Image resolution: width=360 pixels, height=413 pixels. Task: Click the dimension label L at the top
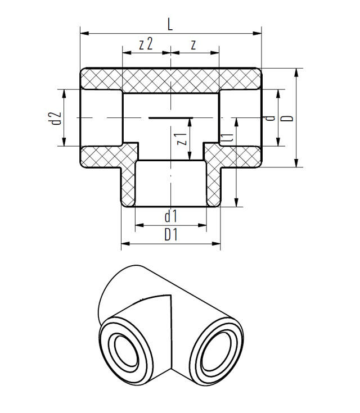pyautogui.click(x=170, y=25)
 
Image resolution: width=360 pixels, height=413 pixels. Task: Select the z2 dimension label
pyautogui.click(x=146, y=44)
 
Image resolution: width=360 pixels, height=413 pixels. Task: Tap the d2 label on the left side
pyautogui.click(x=56, y=118)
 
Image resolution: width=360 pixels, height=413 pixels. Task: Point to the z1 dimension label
pyautogui.click(x=182, y=139)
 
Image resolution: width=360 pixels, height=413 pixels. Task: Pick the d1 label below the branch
pyautogui.click(x=170, y=216)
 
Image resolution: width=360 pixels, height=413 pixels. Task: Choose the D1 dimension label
pyautogui.click(x=171, y=235)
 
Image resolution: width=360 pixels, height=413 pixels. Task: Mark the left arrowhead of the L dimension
pyautogui.click(x=84, y=33)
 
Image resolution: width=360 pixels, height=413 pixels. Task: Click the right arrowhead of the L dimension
pyautogui.click(x=257, y=33)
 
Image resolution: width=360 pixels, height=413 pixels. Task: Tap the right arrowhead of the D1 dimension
pyautogui.click(x=216, y=244)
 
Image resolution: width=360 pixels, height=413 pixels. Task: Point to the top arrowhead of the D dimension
pyautogui.click(x=296, y=72)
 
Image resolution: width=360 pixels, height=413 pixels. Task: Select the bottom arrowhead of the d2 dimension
pyautogui.click(x=64, y=141)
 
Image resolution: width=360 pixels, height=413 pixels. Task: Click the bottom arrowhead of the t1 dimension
pyautogui.click(x=236, y=202)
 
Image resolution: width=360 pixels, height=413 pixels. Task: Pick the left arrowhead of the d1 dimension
pyautogui.click(x=139, y=225)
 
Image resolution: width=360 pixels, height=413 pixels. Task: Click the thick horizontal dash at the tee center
pyautogui.click(x=171, y=118)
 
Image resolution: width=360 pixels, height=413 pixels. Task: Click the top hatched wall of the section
pyautogui.click(x=171, y=80)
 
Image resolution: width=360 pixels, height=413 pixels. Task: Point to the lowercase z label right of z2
pyautogui.click(x=193, y=45)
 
